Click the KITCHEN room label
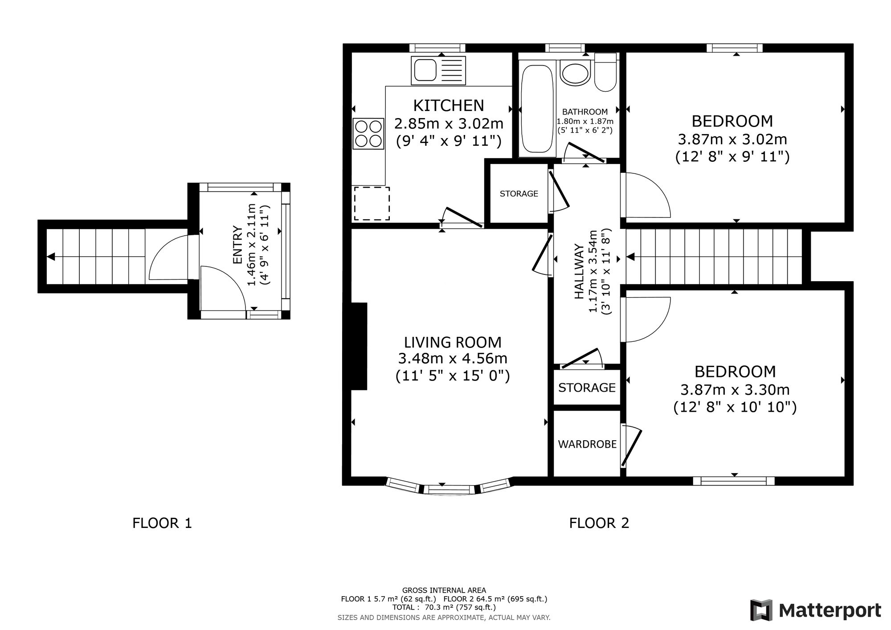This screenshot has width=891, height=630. tap(449, 106)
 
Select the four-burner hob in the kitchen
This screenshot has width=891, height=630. tap(368, 134)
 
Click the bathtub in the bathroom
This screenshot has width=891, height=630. tap(537, 109)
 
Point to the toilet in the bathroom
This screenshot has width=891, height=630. tap(605, 72)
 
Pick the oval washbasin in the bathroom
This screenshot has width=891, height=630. tap(575, 73)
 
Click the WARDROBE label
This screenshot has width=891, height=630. tap(587, 444)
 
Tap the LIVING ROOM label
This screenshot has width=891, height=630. tap(453, 342)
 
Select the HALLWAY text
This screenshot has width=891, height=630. tap(579, 271)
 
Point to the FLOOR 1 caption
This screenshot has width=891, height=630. tap(162, 523)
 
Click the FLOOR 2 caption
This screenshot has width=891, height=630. tap(599, 523)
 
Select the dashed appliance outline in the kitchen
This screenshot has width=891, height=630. tap(372, 204)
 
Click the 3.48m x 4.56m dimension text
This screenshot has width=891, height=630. tap(453, 359)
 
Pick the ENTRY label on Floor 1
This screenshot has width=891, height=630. tap(237, 245)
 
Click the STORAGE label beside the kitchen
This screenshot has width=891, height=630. tap(519, 194)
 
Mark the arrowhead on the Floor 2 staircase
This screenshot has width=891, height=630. tap(631, 257)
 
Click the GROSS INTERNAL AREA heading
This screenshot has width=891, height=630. tap(444, 590)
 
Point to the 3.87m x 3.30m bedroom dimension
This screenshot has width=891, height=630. tap(735, 390)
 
